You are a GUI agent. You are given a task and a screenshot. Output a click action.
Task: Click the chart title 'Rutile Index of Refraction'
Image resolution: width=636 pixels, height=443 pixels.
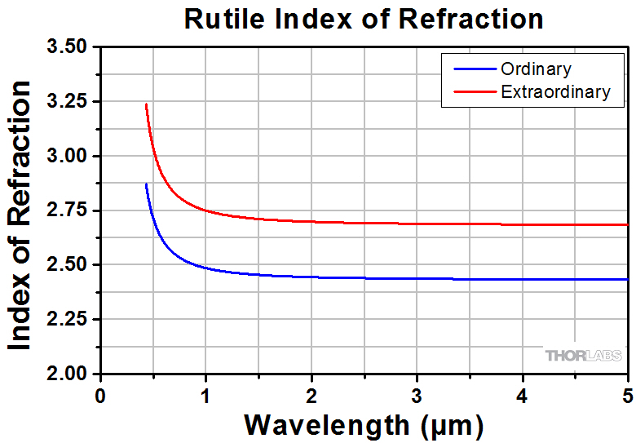pos(363,18)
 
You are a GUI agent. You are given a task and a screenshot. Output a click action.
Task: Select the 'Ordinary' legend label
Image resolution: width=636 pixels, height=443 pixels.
pos(536,69)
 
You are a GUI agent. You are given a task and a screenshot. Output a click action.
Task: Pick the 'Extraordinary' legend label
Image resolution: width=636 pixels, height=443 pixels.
pos(555,91)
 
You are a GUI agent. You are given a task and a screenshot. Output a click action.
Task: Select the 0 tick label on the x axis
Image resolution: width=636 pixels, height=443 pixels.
pos(99,395)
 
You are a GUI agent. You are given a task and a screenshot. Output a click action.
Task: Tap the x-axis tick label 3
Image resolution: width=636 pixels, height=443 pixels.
pos(417,395)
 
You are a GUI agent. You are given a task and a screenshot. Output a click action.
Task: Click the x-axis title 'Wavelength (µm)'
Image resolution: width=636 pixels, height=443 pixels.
pos(363,424)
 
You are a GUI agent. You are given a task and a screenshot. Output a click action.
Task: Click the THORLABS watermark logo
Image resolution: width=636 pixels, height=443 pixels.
pos(583,355)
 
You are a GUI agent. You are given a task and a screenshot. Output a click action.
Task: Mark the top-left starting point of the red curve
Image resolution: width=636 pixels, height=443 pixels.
pos(146,104)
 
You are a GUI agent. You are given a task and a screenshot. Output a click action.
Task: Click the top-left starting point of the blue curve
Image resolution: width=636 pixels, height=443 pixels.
pos(146,184)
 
